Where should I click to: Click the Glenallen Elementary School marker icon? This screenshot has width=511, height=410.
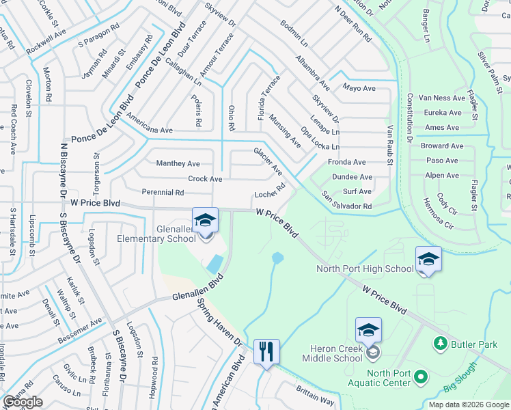click(205, 221)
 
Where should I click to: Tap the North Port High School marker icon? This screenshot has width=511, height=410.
click(428, 259)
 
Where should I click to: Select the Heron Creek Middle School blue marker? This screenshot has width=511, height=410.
click(368, 331)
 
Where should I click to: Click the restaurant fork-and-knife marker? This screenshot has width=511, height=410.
click(266, 353)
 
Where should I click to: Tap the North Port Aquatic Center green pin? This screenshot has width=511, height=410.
click(421, 377)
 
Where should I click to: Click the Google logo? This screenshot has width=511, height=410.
click(23, 402)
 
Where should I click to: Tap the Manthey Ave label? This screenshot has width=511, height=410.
click(178, 163)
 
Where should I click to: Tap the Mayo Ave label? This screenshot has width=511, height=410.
click(359, 88)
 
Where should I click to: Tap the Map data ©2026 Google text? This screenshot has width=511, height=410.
click(469, 405)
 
